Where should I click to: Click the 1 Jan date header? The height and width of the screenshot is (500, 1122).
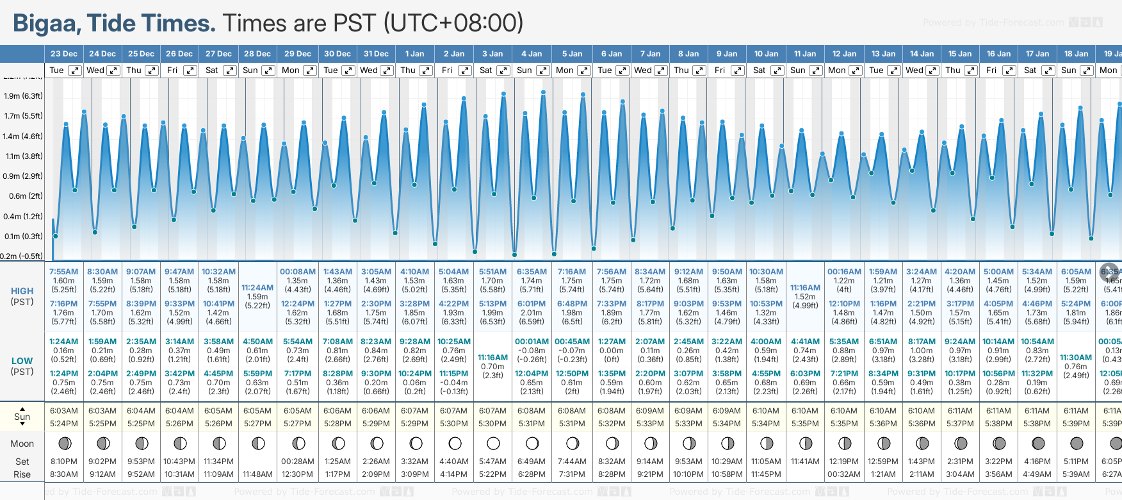tap(414, 54)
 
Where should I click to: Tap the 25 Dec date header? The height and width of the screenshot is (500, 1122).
tap(141, 54)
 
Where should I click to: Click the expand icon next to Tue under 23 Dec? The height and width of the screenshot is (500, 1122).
tap(75, 71)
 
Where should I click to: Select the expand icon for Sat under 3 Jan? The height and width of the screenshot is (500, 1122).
tap(503, 71)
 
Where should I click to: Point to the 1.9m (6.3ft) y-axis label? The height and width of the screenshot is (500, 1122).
tap(23, 96)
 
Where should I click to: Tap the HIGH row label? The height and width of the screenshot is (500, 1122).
tap(22, 291)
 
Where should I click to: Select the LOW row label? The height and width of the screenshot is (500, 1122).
tap(22, 361)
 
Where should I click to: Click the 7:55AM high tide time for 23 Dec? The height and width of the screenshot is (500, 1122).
tap(63, 272)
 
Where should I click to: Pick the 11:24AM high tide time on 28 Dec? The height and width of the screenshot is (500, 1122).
tap(257, 288)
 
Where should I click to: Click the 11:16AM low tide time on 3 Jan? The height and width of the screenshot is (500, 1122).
tap(492, 358)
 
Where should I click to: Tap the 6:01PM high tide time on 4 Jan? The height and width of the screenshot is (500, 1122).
tap(532, 304)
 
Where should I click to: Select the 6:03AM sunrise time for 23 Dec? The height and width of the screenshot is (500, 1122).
tap(63, 411)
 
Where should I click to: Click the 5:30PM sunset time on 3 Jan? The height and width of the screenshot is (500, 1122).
tap(492, 424)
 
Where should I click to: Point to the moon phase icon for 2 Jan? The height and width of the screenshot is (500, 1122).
tap(455, 443)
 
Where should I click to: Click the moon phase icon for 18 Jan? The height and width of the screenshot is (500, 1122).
tap(1077, 443)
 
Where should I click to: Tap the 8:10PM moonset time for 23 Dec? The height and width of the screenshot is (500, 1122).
tap(63, 462)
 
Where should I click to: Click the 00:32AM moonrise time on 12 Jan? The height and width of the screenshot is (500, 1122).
tap(843, 474)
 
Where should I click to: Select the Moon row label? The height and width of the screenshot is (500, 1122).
tap(22, 444)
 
